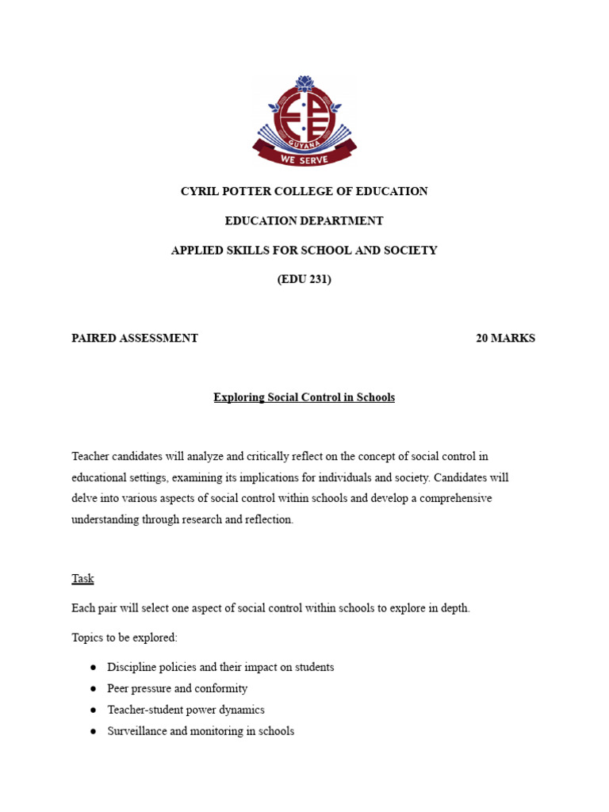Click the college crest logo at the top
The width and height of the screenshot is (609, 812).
pos(304,121)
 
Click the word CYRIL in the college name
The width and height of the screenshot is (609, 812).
pos(199,191)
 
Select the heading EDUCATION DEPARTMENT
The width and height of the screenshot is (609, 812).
pos(304,220)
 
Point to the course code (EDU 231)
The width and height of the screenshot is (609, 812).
pos(304,279)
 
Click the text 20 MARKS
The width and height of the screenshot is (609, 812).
pos(505,338)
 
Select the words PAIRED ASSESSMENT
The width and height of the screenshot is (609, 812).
pos(135,338)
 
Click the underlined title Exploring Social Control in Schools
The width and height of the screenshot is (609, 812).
pos(304,397)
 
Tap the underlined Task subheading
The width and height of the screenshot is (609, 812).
pos(82,578)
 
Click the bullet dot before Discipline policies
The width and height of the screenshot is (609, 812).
pos(94,668)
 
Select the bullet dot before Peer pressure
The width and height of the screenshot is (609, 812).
pos(94,689)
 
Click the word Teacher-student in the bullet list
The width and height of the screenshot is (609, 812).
pos(145,710)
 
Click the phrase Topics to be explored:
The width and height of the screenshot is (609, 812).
pos(124,638)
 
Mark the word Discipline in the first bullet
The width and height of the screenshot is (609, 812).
pos(132,667)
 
